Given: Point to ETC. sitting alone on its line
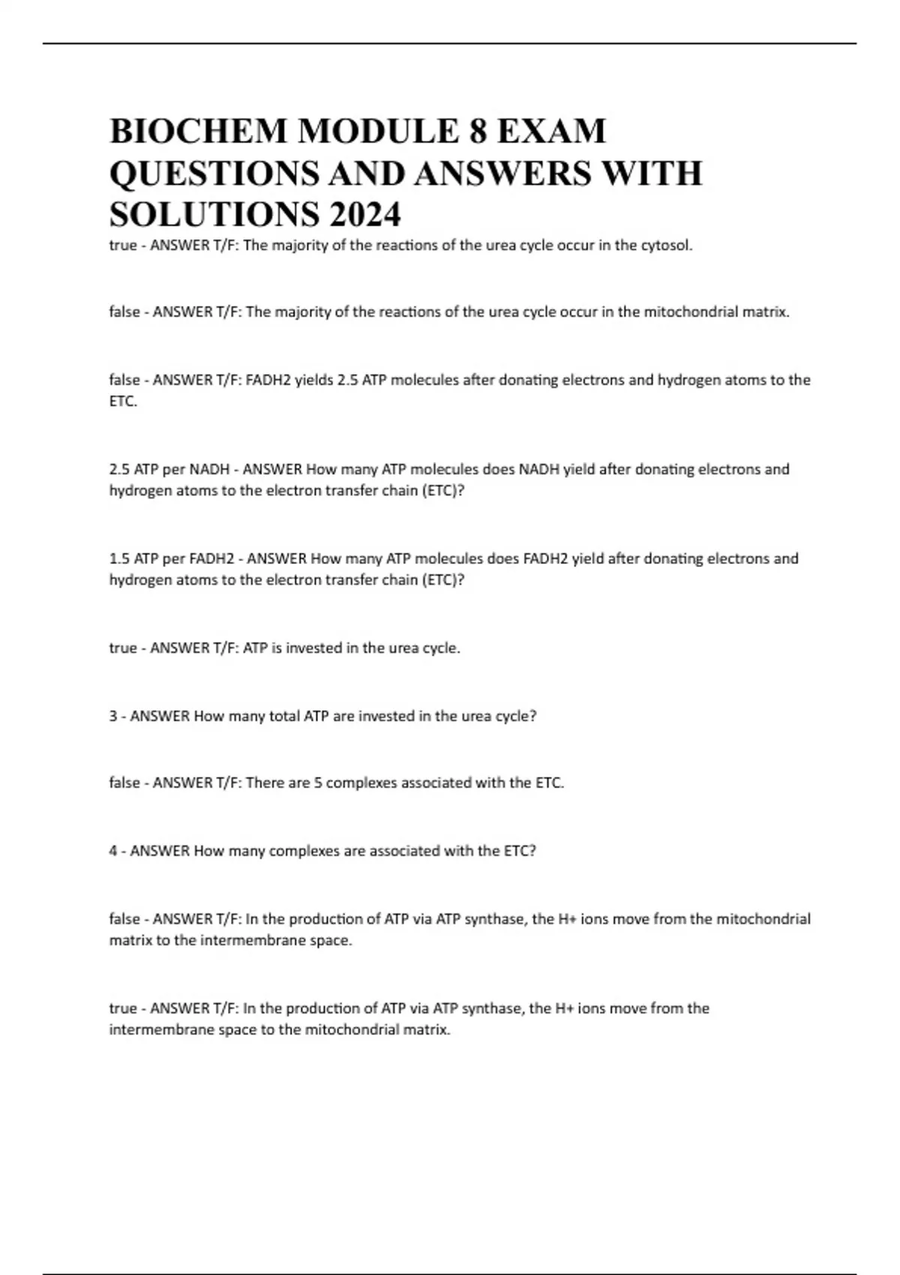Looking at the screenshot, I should pos(123,402).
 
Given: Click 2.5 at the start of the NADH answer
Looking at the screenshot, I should pos(119,469).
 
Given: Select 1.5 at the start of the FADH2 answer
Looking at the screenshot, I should pos(119,559).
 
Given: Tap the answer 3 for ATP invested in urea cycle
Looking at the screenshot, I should pos(113,716).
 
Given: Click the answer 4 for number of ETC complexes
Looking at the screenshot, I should pos(113,851).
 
